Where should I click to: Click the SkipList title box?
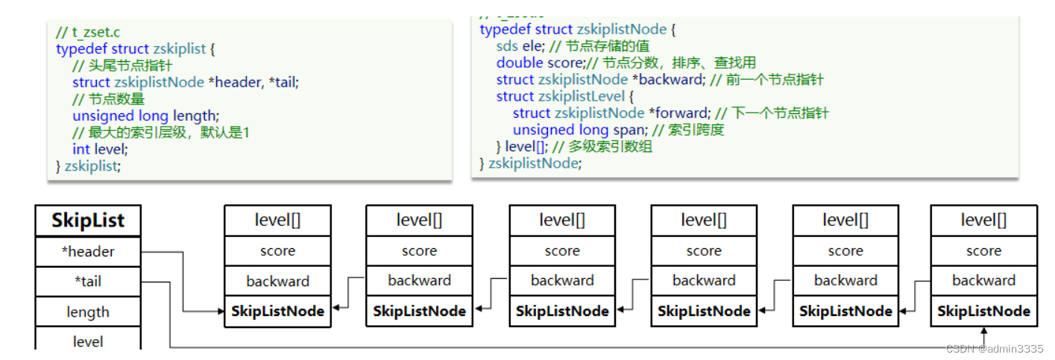click(88, 221)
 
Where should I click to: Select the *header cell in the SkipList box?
click(88, 252)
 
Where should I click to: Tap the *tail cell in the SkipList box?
click(88, 282)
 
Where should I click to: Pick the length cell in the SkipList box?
click(88, 312)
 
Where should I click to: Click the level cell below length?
click(88, 341)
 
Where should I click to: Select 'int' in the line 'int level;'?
click(81, 149)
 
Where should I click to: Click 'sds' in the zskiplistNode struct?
click(507, 46)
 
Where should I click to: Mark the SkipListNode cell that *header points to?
click(277, 311)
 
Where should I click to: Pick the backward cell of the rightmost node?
click(983, 280)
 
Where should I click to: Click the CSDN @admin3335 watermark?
click(995, 349)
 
